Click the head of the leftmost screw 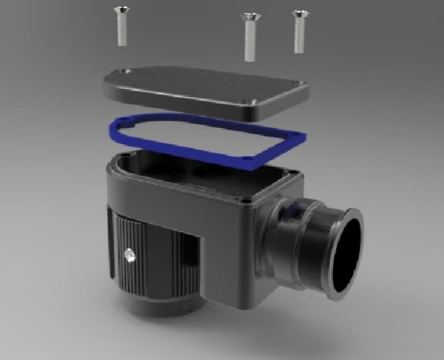(x=121, y=10)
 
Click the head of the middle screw (x=250, y=16)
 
